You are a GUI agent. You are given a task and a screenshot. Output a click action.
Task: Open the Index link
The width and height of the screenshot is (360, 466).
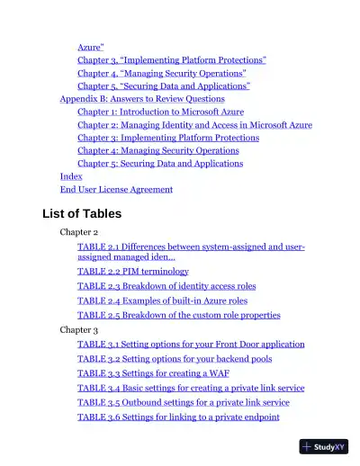click(71, 176)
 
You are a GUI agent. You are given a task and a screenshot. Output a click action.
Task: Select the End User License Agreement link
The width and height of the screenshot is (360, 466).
click(116, 190)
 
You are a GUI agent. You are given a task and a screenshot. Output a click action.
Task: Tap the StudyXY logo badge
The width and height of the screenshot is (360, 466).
click(324, 446)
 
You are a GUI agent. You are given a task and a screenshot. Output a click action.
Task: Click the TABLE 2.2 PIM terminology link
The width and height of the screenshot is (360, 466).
click(133, 271)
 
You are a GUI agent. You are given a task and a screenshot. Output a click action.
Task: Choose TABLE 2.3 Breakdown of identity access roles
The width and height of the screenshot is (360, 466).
click(166, 286)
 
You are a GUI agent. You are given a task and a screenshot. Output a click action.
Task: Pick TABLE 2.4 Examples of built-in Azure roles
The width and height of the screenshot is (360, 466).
click(162, 300)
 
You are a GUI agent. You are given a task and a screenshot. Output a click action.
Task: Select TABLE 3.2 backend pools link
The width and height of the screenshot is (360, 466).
click(174, 359)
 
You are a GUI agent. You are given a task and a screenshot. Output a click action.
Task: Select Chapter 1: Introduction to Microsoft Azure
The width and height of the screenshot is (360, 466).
click(160, 112)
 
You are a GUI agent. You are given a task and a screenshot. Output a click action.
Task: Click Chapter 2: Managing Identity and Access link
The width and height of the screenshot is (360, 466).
click(194, 125)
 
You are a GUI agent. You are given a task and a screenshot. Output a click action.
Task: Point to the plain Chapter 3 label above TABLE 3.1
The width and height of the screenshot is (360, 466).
click(79, 330)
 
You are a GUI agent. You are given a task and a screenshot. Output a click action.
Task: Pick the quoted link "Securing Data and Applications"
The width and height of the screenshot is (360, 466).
click(164, 85)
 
